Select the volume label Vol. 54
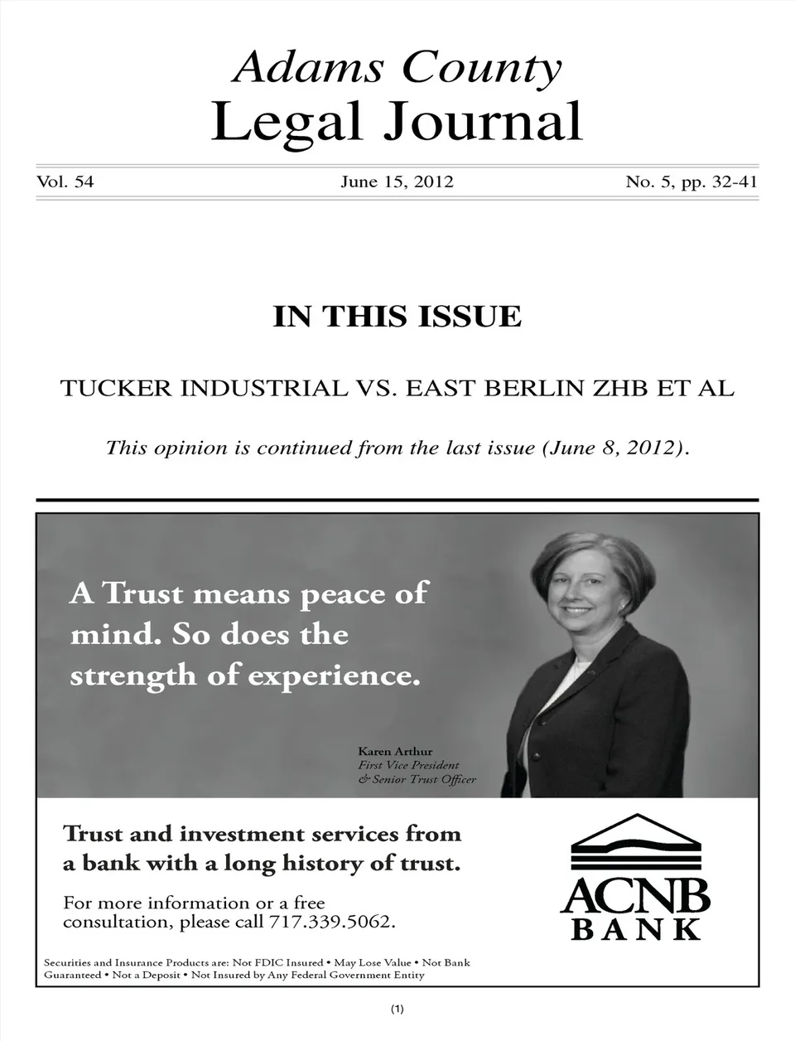click(65, 182)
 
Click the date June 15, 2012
click(397, 182)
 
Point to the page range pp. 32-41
click(720, 182)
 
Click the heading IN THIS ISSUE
click(397, 317)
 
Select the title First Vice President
click(408, 765)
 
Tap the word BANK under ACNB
click(637, 929)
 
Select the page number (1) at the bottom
click(397, 1009)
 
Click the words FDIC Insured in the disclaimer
click(288, 962)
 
